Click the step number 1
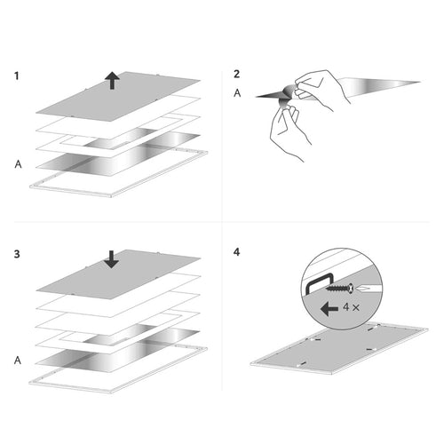click(17, 75)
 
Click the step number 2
click(236, 74)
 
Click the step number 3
click(17, 254)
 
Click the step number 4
click(236, 252)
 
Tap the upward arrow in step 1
click(112, 80)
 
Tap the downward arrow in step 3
click(112, 259)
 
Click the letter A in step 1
click(18, 164)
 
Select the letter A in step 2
click(237, 93)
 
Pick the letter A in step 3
click(18, 360)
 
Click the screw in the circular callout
click(340, 288)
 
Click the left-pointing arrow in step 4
click(329, 309)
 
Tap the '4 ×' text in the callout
click(352, 307)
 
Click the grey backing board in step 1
click(118, 96)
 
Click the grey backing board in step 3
click(118, 274)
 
